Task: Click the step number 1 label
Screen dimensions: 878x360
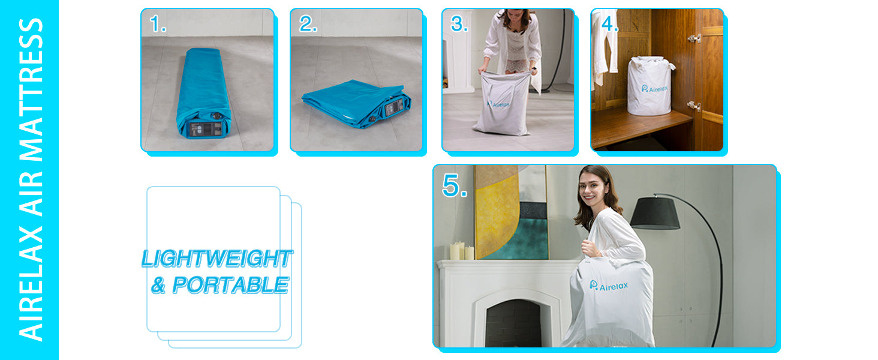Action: coord(158,24)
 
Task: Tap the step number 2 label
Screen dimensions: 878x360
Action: coord(308,24)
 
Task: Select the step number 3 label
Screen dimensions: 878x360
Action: coord(459,24)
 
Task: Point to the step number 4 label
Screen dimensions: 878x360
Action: coord(610,24)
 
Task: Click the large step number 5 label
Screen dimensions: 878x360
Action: coord(455,185)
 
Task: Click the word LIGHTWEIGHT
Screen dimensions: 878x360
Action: coord(217,259)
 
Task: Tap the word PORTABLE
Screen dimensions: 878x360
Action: coord(230,285)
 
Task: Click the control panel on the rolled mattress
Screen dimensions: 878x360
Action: coord(205,129)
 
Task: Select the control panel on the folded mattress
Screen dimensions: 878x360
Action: coord(394,107)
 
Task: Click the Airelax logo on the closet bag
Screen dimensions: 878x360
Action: coord(654,89)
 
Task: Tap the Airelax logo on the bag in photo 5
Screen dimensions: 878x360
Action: coord(609,286)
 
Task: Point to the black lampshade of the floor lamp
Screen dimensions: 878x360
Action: coord(654,213)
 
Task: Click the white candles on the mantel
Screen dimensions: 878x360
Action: coord(462,251)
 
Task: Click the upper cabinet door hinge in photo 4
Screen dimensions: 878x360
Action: coord(694,38)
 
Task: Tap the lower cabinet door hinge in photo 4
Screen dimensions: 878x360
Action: coord(694,106)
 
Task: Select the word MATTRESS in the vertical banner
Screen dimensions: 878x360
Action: coord(31,90)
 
